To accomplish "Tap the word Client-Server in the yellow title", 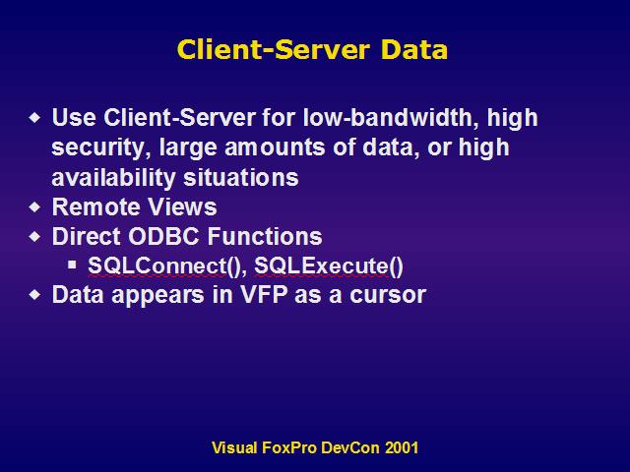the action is [273, 50].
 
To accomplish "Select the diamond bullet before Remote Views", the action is [35, 207].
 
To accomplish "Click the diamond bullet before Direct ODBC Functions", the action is [35, 236].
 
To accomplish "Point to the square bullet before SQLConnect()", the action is [72, 265].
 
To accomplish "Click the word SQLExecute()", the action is [329, 266].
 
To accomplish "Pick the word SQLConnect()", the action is [164, 266].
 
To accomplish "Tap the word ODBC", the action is [163, 236].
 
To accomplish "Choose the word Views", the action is [182, 207].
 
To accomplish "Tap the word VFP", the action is [264, 295].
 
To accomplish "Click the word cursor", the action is [388, 295].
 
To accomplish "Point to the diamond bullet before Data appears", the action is [35, 295].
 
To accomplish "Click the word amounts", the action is [275, 147].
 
